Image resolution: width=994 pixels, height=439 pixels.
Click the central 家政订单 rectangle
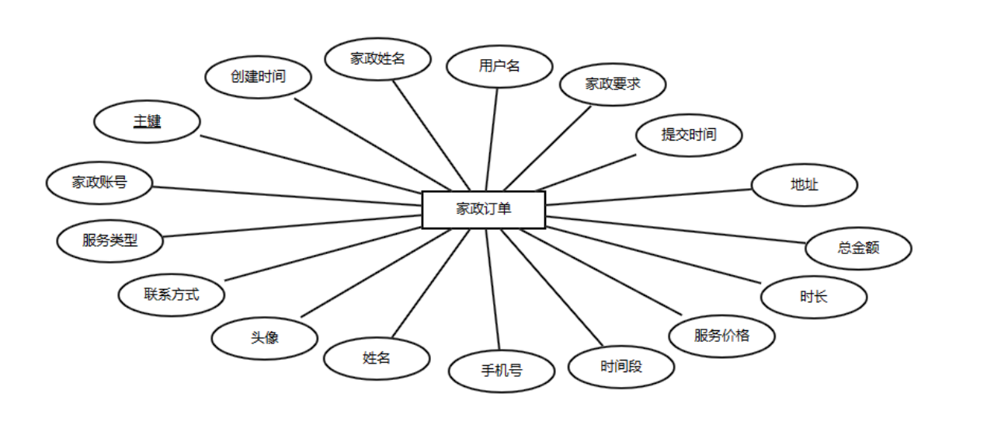coord(483,209)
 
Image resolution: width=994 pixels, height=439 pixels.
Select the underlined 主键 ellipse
coord(147,122)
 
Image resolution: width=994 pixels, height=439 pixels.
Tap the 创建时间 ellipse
coord(259,77)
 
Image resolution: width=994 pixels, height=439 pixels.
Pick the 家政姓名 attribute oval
coord(377,58)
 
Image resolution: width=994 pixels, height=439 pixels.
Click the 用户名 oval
coord(499,66)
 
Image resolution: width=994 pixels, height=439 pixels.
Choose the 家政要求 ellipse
coord(613,84)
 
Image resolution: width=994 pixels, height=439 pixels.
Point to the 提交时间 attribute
coord(689,134)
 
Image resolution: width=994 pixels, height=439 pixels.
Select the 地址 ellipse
coord(804,185)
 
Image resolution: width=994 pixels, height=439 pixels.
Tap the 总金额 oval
coord(858,249)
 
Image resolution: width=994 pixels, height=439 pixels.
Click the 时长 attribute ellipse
coord(813,296)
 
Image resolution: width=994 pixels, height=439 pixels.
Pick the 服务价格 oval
coord(721,336)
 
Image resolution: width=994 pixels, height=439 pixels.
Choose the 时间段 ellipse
coord(621,366)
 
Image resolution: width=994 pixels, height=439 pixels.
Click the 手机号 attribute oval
coord(502,371)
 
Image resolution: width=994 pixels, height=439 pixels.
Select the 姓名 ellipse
coord(377,358)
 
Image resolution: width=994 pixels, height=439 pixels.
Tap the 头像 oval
coord(265,338)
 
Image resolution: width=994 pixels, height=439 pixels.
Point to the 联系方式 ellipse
coord(172,294)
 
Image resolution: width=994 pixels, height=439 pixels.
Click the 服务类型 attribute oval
coord(110,240)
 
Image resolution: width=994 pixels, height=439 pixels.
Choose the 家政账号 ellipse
coord(99,183)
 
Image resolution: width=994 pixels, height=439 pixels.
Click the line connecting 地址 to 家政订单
coord(648,197)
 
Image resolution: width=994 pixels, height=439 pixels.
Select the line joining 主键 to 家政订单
coord(311,165)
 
